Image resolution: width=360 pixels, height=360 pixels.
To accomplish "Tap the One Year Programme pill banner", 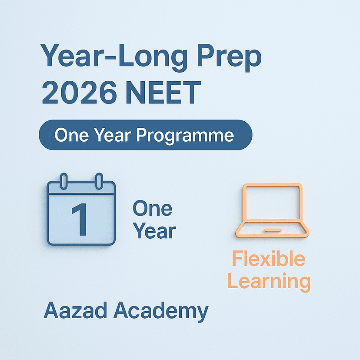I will (x=145, y=135).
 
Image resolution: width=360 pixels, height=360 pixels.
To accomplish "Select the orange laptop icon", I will (x=272, y=211).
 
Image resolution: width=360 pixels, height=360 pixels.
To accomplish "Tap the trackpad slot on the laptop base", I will (x=272, y=229).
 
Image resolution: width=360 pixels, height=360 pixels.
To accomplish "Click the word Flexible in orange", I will (x=268, y=259).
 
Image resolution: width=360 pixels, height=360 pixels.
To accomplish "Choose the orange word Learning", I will (x=269, y=281).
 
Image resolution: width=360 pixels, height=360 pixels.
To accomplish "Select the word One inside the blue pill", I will (x=69, y=136).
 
